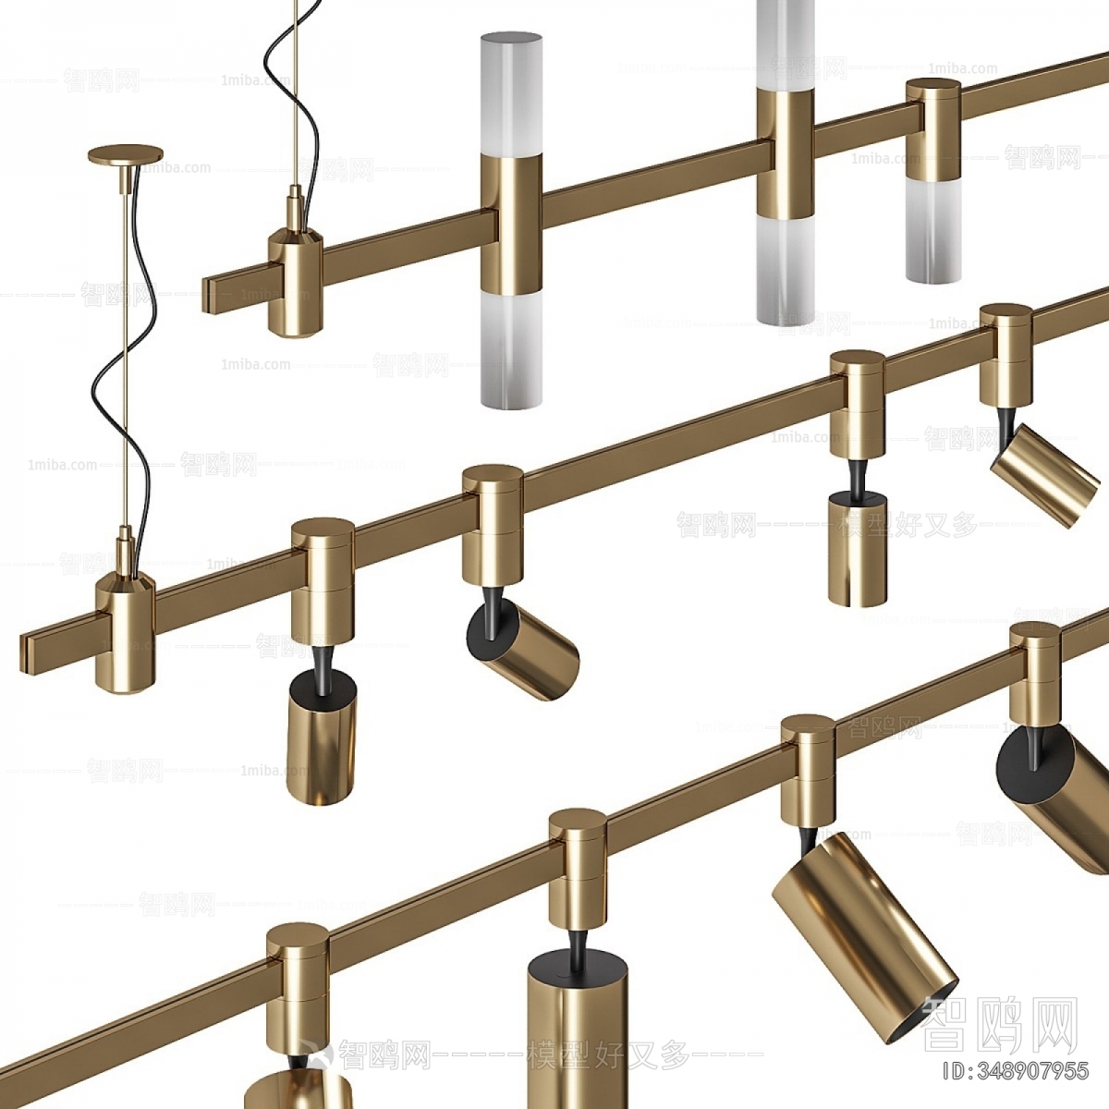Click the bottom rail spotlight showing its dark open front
pyautogui.click(x=864, y=933)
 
